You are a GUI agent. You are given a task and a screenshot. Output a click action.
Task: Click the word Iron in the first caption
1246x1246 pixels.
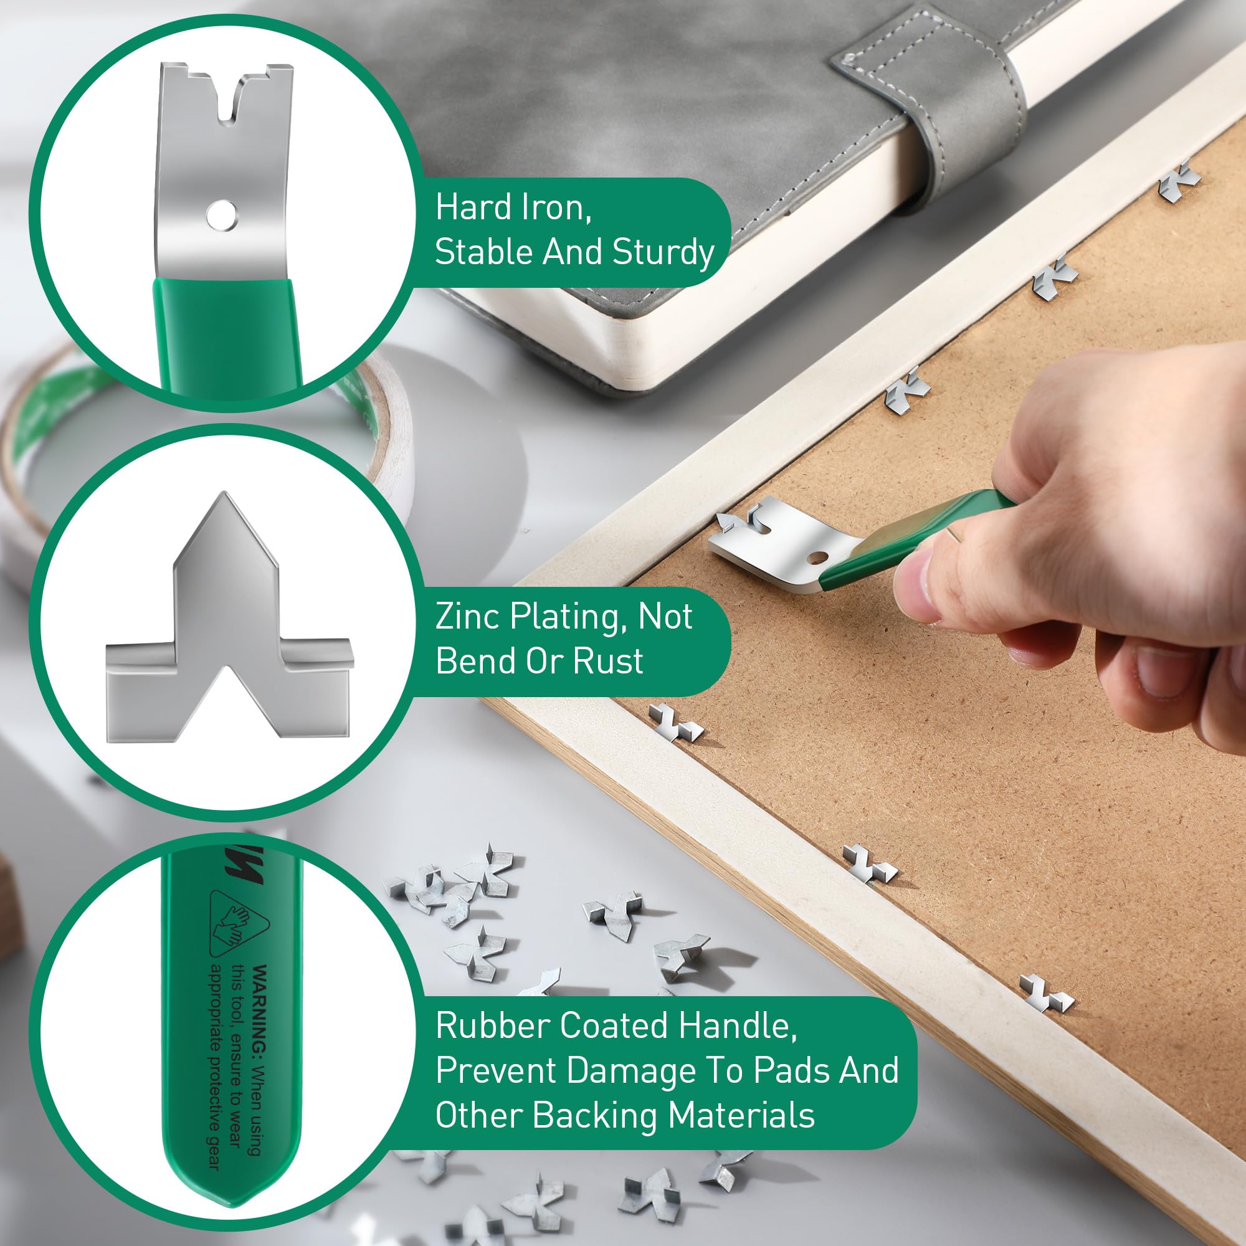pos(548,207)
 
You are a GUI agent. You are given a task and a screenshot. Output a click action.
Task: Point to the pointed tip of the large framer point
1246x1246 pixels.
pos(224,497)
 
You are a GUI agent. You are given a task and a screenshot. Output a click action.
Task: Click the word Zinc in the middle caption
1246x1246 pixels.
pos(468,617)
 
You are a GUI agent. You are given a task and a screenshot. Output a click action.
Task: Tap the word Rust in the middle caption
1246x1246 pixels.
pos(608,661)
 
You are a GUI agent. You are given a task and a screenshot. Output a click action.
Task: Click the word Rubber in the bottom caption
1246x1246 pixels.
pos(492,1025)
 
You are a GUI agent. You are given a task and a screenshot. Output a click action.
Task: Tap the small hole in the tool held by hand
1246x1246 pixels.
pos(819,556)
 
